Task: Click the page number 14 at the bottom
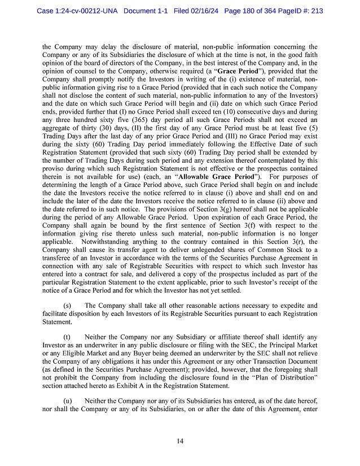[179, 441]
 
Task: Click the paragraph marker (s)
[67, 306]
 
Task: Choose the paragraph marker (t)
[67, 337]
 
